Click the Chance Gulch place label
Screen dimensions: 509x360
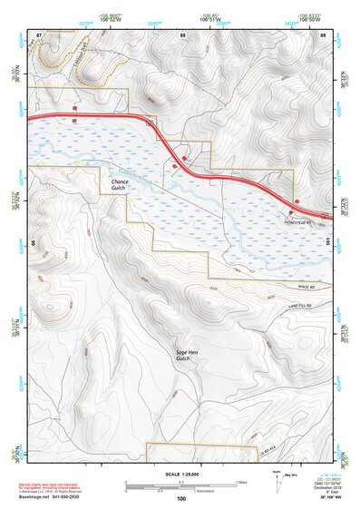click(x=120, y=185)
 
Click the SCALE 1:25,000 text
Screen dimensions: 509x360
click(x=181, y=474)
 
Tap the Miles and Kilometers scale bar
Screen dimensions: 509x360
click(x=181, y=484)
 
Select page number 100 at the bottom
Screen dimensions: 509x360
click(x=181, y=498)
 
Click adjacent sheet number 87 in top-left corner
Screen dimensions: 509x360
click(x=38, y=34)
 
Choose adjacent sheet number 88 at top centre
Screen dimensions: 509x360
click(x=182, y=34)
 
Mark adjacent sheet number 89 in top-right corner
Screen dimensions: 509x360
click(x=323, y=34)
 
